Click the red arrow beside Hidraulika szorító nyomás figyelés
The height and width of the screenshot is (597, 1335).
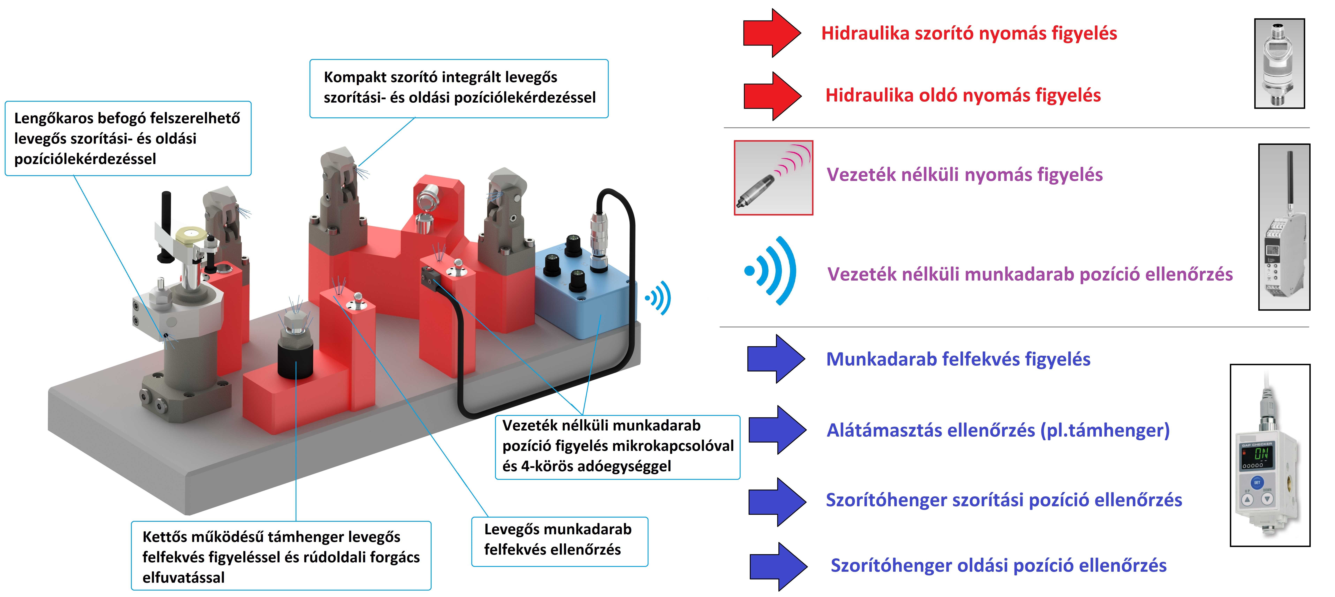click(772, 33)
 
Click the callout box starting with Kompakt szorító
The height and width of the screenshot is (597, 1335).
click(459, 88)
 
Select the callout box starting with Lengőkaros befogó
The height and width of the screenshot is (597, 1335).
click(128, 138)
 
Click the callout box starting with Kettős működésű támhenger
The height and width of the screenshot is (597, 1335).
click(281, 556)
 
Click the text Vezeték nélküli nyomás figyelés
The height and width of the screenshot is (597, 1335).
click(964, 175)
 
